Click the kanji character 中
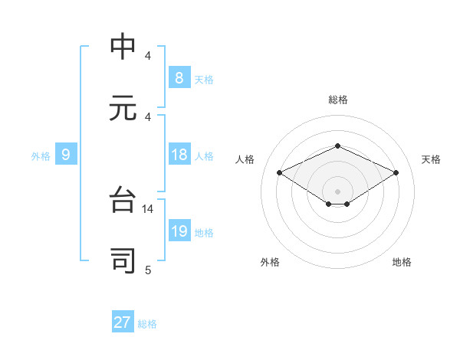click(x=123, y=47)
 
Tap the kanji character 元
click(x=123, y=108)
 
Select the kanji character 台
click(x=123, y=201)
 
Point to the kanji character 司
click(x=123, y=261)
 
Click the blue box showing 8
click(x=179, y=78)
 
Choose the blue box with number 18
click(x=179, y=155)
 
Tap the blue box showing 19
click(x=179, y=232)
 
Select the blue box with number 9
click(x=66, y=155)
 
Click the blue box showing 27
click(x=123, y=322)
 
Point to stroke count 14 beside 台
click(x=148, y=208)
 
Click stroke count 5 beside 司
click(x=148, y=269)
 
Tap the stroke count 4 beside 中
click(x=148, y=55)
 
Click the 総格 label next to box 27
click(x=147, y=324)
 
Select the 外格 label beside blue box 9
click(x=41, y=156)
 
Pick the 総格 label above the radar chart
click(x=337, y=100)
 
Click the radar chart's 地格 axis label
click(x=402, y=262)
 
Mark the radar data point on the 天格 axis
click(x=396, y=172)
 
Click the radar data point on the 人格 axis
click(x=280, y=172)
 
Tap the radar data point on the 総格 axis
click(x=337, y=146)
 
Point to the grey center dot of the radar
click(x=337, y=191)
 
